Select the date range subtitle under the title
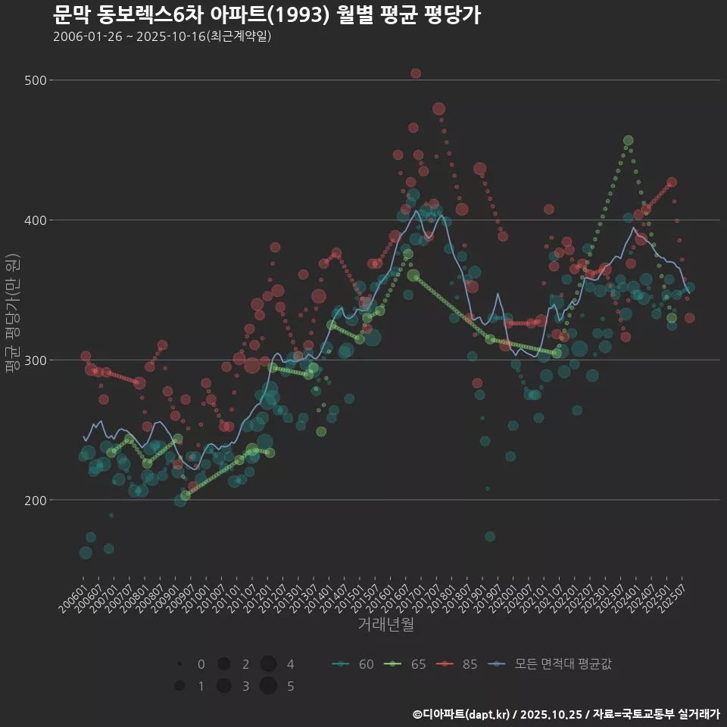point(162,37)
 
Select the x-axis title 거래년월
point(385,625)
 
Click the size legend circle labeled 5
point(268,686)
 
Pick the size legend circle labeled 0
point(179,664)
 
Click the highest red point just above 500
point(416,73)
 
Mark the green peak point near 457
point(628,140)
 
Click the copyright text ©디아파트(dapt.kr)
point(462,714)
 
